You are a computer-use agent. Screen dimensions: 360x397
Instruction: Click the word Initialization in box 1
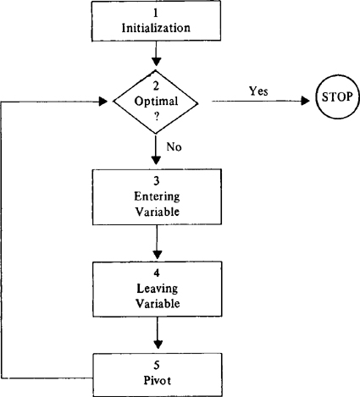pos(156,28)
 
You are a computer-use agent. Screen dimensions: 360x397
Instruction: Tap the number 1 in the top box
pos(156,13)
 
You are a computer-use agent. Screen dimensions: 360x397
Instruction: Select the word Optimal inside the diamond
pos(156,101)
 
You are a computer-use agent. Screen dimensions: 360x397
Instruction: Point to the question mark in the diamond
pos(157,117)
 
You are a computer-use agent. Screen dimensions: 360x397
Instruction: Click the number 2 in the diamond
pos(156,86)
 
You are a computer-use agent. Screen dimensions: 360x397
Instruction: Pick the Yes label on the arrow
pos(258,91)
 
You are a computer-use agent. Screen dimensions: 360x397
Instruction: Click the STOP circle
pos(337,96)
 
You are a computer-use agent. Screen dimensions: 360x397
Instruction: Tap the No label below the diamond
pos(174,146)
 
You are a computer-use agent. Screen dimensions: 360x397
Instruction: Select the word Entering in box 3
pos(157,196)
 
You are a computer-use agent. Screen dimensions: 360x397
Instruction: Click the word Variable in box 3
pos(158,212)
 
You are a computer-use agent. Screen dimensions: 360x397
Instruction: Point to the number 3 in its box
pos(157,181)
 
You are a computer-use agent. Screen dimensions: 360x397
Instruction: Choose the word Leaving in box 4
pos(158,289)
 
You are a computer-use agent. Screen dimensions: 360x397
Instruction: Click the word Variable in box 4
pos(158,304)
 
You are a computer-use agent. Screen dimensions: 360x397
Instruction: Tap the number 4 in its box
pos(157,273)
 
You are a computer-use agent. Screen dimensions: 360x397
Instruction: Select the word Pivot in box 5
pos(158,380)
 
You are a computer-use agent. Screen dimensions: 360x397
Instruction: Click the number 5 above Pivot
pos(157,365)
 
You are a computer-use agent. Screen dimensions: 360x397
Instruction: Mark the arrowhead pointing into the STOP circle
pos(306,101)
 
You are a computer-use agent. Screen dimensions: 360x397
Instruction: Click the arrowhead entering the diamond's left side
pos(103,102)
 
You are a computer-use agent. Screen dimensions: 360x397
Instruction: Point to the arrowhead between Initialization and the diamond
pos(156,62)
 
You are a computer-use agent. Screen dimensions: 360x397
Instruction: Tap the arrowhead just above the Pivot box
pos(158,345)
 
